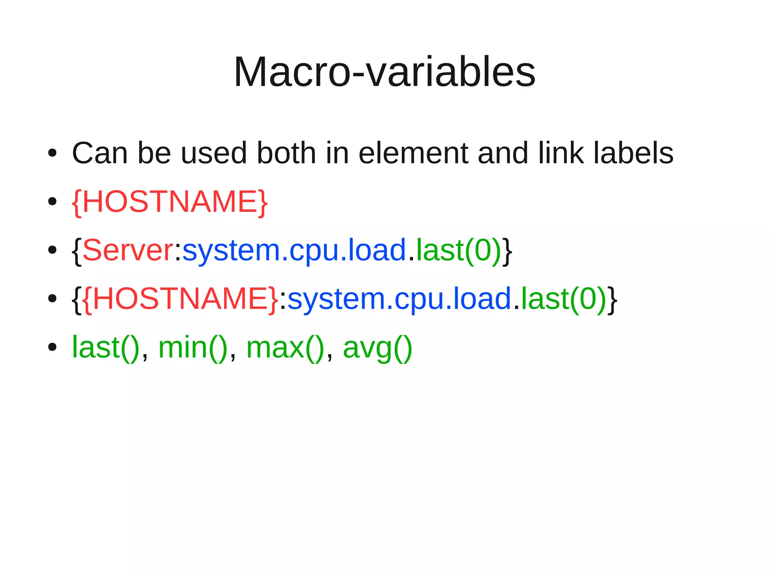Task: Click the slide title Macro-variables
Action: click(x=384, y=72)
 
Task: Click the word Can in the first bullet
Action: click(x=100, y=153)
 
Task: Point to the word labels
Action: click(x=634, y=153)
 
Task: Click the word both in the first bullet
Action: click(x=286, y=153)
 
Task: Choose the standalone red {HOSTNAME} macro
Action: click(x=170, y=202)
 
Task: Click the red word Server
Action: click(x=128, y=250)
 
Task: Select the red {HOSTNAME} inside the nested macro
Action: click(x=180, y=299)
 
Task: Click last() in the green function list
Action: click(x=106, y=348)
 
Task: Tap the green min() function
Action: click(x=193, y=348)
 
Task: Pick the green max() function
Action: click(x=285, y=348)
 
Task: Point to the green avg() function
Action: click(x=377, y=348)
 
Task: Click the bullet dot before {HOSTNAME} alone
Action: click(x=52, y=202)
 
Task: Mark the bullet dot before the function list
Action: click(x=52, y=347)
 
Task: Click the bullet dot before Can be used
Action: click(x=52, y=153)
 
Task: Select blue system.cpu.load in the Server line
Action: click(x=294, y=250)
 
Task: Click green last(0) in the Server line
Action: click(x=458, y=250)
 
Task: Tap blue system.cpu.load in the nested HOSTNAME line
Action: click(x=399, y=299)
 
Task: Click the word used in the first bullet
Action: click(x=214, y=153)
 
